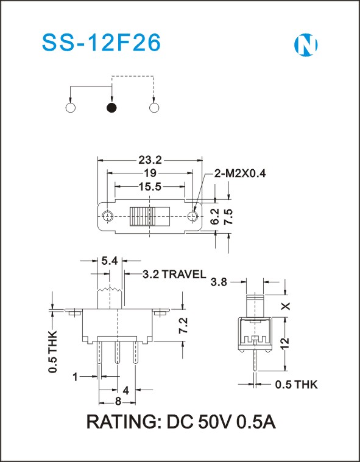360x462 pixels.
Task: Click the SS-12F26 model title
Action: (101, 43)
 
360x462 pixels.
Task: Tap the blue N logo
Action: (306, 45)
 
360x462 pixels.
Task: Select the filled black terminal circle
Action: (111, 108)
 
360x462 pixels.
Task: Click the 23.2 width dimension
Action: (150, 160)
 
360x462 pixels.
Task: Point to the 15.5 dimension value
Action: (150, 186)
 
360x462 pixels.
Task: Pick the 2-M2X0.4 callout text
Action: (240, 173)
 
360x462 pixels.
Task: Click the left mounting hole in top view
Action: (108, 216)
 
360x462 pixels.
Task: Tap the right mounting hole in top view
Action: (192, 216)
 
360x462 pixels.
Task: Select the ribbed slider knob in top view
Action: (150, 217)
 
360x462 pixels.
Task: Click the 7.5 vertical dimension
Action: (228, 217)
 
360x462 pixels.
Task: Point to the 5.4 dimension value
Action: (110, 261)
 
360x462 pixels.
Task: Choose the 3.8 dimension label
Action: (219, 282)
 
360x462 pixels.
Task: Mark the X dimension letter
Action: (286, 306)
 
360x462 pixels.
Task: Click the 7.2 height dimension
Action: (183, 326)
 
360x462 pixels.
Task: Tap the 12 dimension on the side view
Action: (286, 344)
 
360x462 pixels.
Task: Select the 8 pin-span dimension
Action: (118, 401)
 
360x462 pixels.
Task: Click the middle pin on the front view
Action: (118, 352)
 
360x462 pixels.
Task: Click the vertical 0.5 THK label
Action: (53, 352)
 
